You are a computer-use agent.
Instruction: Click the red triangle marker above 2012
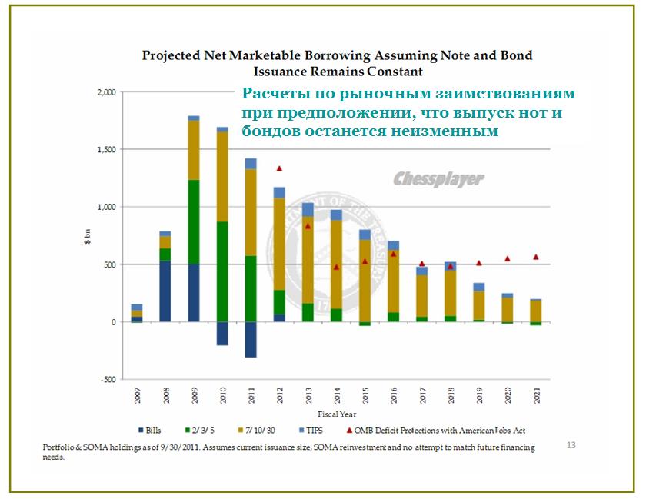[279, 168]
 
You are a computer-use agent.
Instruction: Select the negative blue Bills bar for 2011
[251, 339]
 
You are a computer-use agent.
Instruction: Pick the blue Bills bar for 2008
[165, 291]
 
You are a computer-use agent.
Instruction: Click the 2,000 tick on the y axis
[105, 92]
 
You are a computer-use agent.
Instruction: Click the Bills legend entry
[154, 431]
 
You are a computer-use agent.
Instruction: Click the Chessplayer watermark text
[438, 179]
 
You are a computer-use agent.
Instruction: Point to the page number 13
[571, 444]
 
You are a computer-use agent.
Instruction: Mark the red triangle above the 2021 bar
[537, 257]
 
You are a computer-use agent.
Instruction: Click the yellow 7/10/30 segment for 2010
[222, 176]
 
